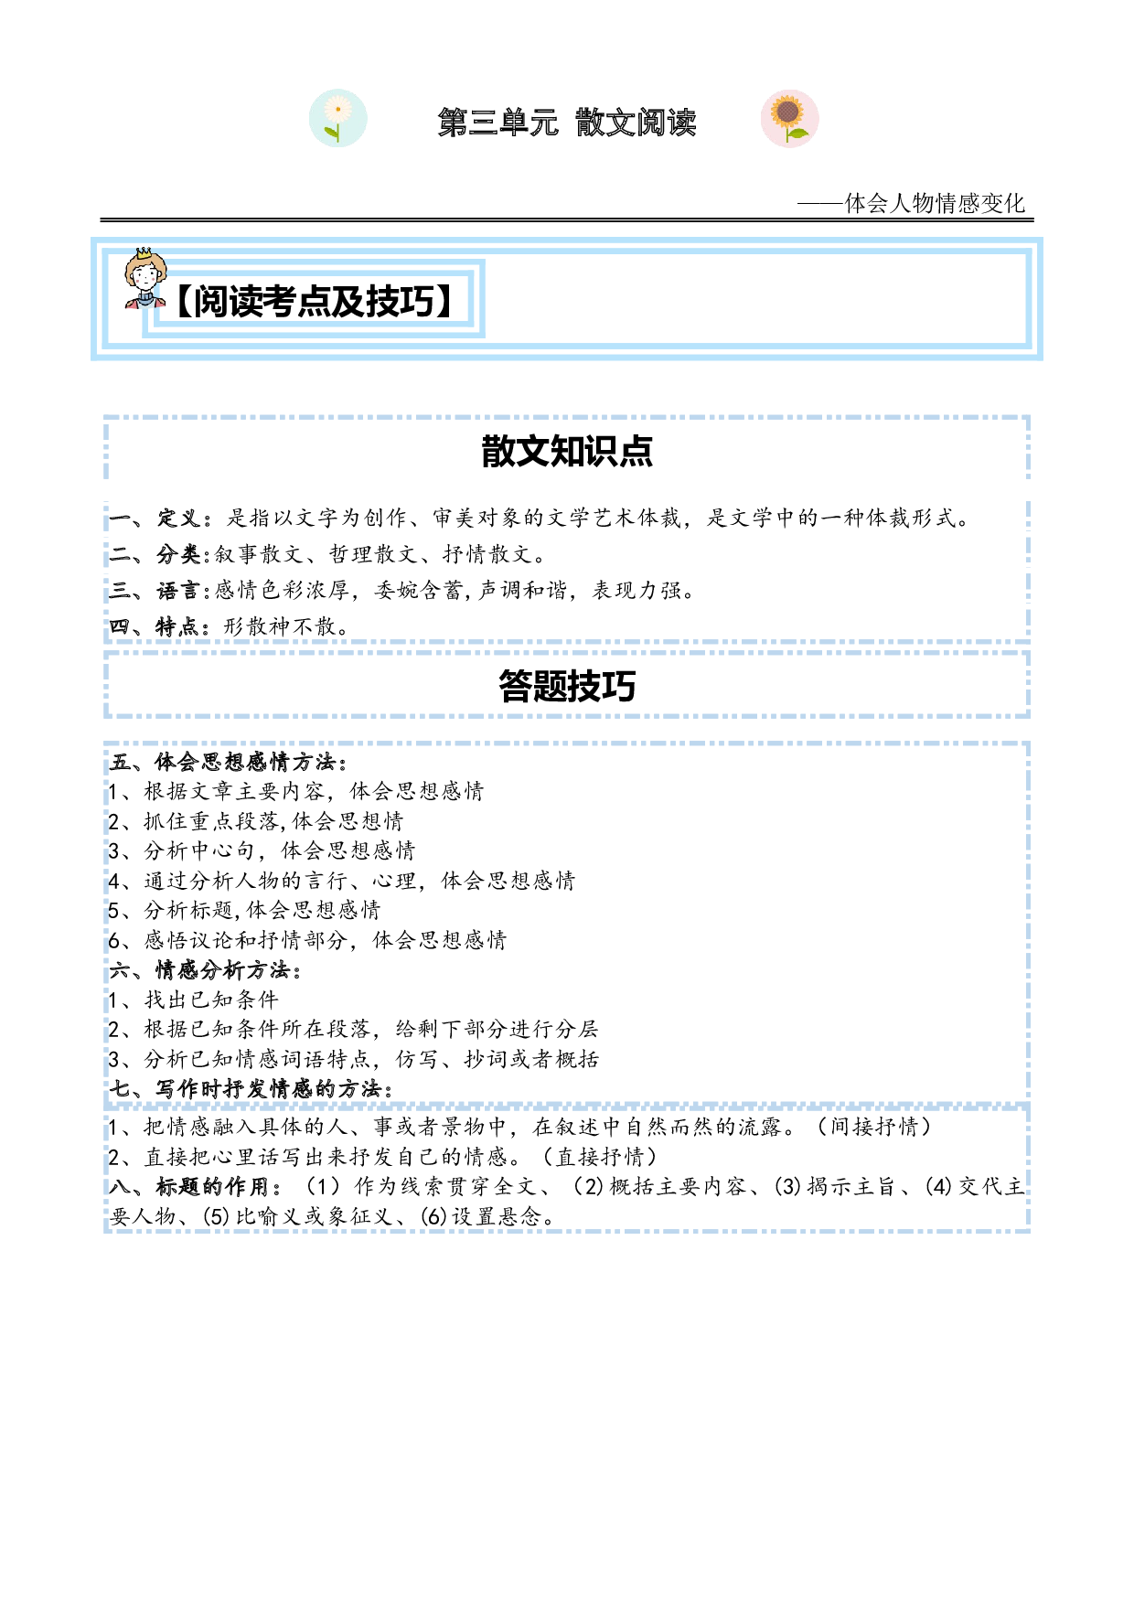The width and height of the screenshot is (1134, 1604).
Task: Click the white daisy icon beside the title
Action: tap(338, 118)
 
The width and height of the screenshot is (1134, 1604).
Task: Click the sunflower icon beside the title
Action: tap(789, 118)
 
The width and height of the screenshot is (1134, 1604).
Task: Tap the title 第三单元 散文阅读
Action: tap(567, 122)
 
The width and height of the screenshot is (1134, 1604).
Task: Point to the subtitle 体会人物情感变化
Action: tap(935, 203)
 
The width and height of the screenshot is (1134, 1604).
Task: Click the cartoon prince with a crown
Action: tap(145, 278)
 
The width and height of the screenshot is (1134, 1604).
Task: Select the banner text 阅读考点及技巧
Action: tap(314, 301)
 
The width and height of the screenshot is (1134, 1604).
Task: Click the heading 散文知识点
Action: tap(567, 451)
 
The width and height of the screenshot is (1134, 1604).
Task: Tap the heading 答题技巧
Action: tap(567, 686)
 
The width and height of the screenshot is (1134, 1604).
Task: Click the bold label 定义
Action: tap(178, 518)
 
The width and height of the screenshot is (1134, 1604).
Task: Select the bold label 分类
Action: tap(178, 554)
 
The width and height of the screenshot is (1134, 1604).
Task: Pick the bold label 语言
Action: tap(178, 591)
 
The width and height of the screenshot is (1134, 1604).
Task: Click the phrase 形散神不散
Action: tap(280, 626)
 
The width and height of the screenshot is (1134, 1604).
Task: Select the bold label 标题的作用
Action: tap(212, 1186)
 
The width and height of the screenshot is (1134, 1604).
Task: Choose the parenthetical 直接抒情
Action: tap(601, 1157)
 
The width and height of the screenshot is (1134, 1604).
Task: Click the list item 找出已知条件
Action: tap(211, 1000)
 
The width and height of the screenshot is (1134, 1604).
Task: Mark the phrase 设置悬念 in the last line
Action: tap(497, 1216)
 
